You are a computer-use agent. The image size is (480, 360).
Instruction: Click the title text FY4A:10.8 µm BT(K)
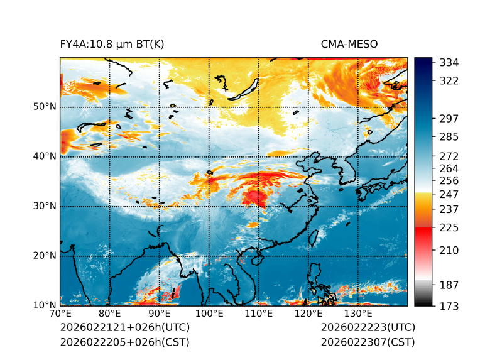pos(112,44)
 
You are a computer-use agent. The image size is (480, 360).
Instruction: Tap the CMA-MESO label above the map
pos(349,44)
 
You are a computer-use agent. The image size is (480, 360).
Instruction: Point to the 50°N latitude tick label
pos(45,107)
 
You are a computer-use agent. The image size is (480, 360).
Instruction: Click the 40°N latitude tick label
pos(45,156)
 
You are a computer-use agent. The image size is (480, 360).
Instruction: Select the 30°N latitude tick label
pos(45,206)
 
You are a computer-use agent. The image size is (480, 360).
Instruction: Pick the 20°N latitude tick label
pos(45,256)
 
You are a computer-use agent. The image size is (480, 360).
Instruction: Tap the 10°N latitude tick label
pos(45,305)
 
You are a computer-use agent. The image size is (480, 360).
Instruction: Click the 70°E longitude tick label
pos(60,314)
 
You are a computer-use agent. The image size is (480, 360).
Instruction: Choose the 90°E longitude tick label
pos(160,314)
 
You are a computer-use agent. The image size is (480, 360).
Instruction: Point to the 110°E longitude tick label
pos(258,314)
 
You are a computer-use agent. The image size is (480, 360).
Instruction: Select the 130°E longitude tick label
pos(357,314)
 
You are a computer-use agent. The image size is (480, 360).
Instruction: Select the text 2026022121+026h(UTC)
pos(124,327)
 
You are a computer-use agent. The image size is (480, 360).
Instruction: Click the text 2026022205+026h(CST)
pos(124,342)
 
